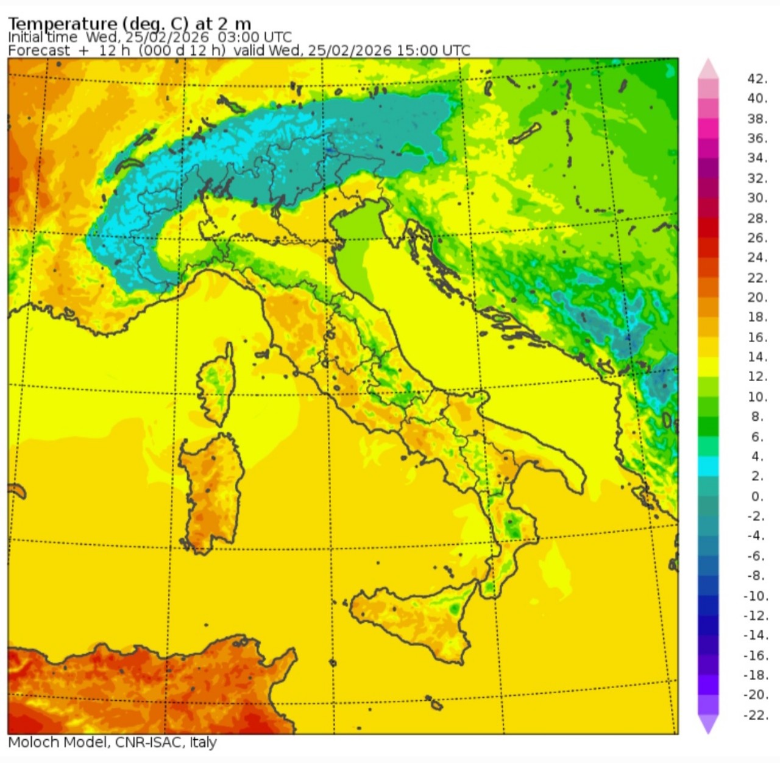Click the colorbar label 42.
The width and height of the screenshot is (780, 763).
point(757,79)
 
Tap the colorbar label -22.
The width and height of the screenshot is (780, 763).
point(756,715)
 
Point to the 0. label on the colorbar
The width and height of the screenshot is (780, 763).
point(757,496)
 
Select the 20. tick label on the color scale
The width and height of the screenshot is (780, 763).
point(757,297)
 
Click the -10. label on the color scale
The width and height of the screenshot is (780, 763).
point(756,596)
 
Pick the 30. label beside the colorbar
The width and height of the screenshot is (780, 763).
point(757,198)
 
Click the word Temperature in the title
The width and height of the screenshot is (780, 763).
point(62,24)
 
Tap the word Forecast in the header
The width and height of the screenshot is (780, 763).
point(39,50)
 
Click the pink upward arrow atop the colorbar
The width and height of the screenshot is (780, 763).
point(708,68)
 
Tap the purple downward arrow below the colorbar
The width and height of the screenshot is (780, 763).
point(708,723)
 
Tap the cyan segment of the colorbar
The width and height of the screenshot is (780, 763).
point(708,466)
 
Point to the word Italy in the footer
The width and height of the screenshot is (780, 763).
point(203,742)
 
